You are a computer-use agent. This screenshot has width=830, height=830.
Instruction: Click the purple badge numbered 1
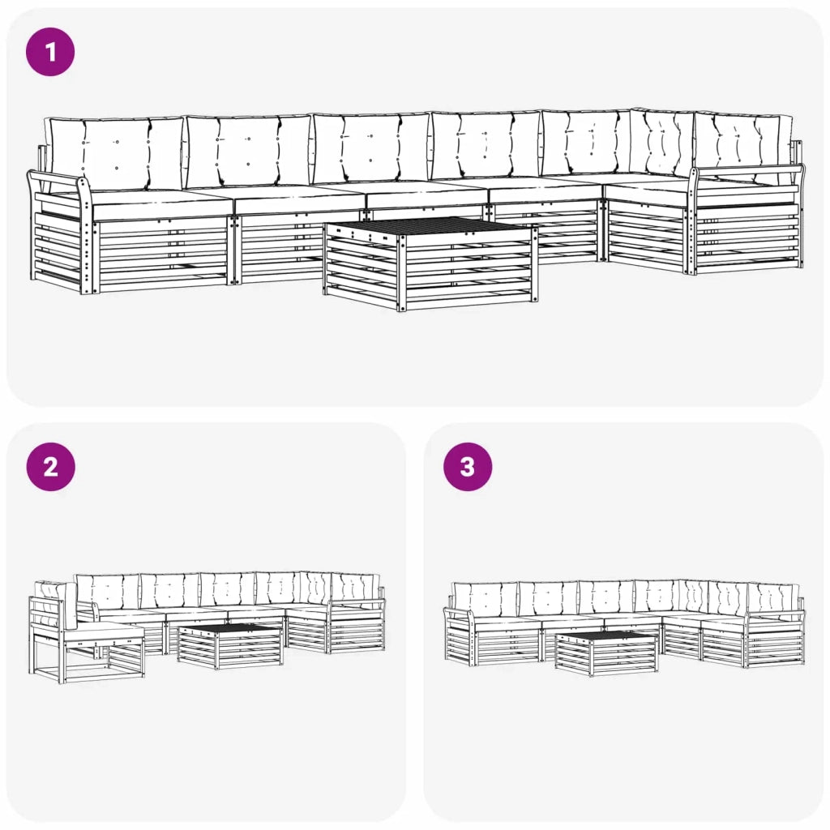click(50, 52)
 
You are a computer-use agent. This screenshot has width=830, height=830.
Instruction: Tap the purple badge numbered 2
click(50, 467)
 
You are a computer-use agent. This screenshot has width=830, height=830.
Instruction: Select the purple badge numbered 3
click(467, 467)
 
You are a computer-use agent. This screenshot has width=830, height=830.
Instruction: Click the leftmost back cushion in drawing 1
click(113, 153)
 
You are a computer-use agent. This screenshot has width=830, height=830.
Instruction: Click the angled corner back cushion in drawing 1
click(661, 142)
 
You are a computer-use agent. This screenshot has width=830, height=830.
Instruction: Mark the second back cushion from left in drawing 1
click(247, 151)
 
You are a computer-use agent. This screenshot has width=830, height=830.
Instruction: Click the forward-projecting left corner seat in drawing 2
click(89, 640)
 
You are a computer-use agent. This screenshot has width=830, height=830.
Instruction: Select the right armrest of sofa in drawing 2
click(357, 604)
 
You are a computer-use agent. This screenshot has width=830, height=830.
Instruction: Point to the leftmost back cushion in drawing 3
click(485, 599)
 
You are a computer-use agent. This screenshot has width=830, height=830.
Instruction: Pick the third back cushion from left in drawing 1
click(370, 148)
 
